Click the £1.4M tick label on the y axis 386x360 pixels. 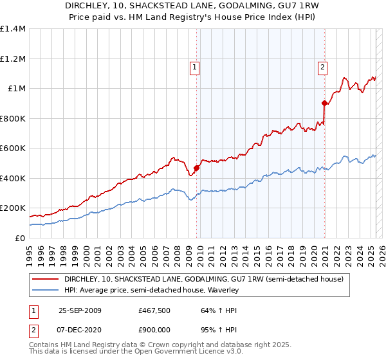pos(13,29)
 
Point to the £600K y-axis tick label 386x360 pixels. pos(13,148)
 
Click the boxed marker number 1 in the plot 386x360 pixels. pos(194,65)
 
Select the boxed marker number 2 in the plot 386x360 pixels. pos(322,65)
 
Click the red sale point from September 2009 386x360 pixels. pos(196,168)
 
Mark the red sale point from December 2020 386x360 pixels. pos(324,103)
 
